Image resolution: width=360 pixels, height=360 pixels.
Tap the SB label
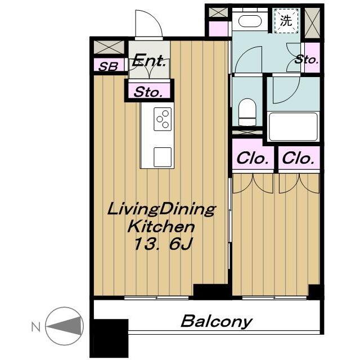108,66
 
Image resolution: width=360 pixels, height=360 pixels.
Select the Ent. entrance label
149,61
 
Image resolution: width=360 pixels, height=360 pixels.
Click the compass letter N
36,326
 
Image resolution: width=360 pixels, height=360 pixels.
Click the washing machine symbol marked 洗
286,21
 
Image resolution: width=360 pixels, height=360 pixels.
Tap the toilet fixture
247,112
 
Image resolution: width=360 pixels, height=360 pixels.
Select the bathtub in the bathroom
293,127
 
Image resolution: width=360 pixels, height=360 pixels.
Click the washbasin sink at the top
250,21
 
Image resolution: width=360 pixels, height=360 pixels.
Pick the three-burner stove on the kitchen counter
163,119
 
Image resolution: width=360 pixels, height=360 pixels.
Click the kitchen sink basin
163,157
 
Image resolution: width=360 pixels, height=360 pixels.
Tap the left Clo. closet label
253,159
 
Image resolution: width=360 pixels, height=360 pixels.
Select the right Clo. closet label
298,159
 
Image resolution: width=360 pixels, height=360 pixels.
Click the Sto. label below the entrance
148,92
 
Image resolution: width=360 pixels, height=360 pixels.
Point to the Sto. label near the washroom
307,60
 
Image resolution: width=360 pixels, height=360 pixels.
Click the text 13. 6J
163,244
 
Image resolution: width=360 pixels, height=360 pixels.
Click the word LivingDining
161,209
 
